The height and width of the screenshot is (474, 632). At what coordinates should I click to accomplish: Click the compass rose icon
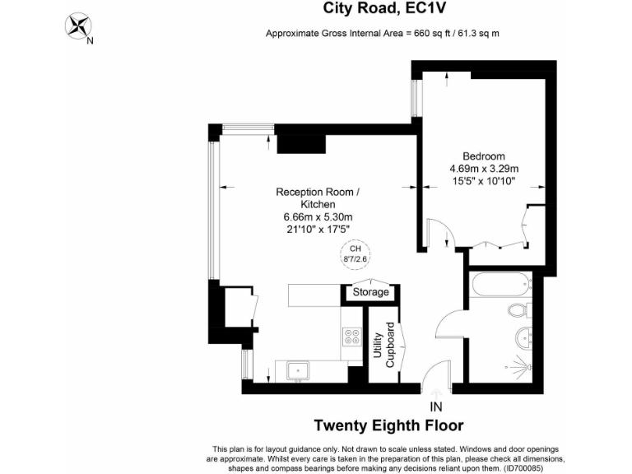79,26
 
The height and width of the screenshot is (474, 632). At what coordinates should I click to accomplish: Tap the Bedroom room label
483,156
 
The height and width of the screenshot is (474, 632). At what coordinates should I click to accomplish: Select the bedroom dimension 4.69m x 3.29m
483,169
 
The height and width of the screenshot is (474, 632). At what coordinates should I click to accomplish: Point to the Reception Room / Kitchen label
318,197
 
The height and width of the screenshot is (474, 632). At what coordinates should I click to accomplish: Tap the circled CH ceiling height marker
355,253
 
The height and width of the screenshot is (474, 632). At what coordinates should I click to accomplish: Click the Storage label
370,292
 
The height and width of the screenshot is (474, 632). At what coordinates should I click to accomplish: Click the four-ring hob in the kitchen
352,336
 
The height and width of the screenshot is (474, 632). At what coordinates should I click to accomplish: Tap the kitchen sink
296,371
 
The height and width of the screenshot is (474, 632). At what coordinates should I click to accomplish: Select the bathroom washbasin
524,337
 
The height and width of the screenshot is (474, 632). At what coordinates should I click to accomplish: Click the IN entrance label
435,407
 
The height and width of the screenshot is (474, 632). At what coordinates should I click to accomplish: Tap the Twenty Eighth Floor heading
389,425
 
